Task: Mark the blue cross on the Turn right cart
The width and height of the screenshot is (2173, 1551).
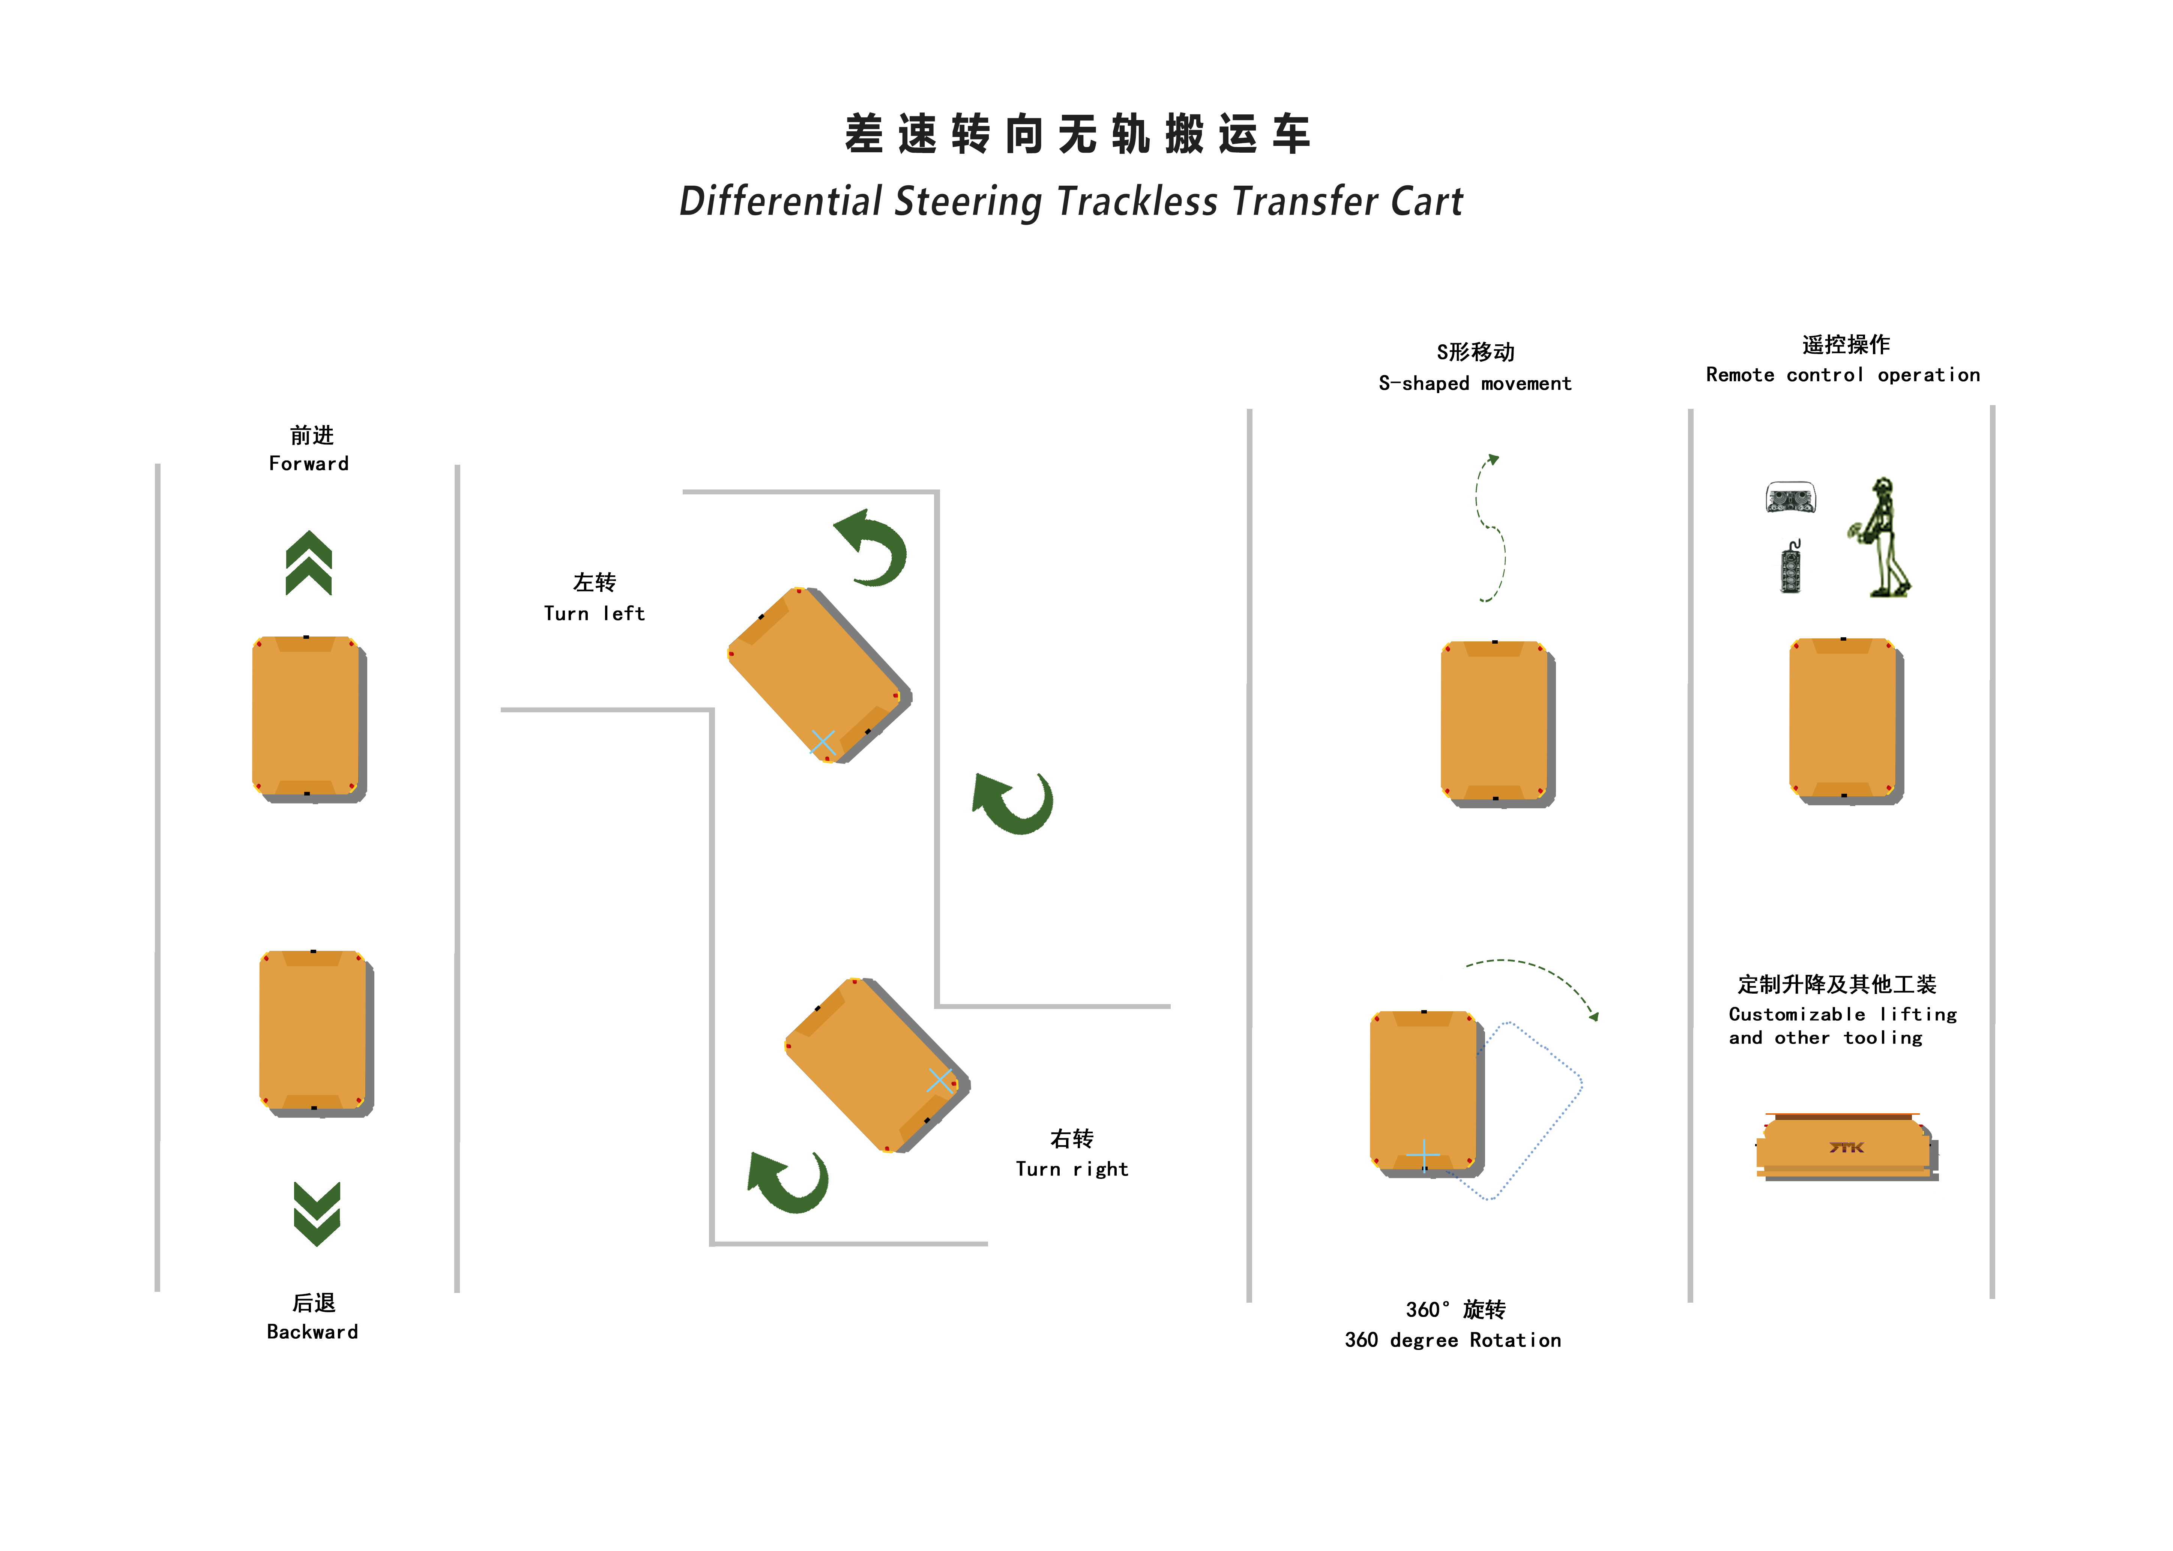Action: click(940, 1081)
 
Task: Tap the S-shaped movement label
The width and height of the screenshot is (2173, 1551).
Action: click(1475, 383)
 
